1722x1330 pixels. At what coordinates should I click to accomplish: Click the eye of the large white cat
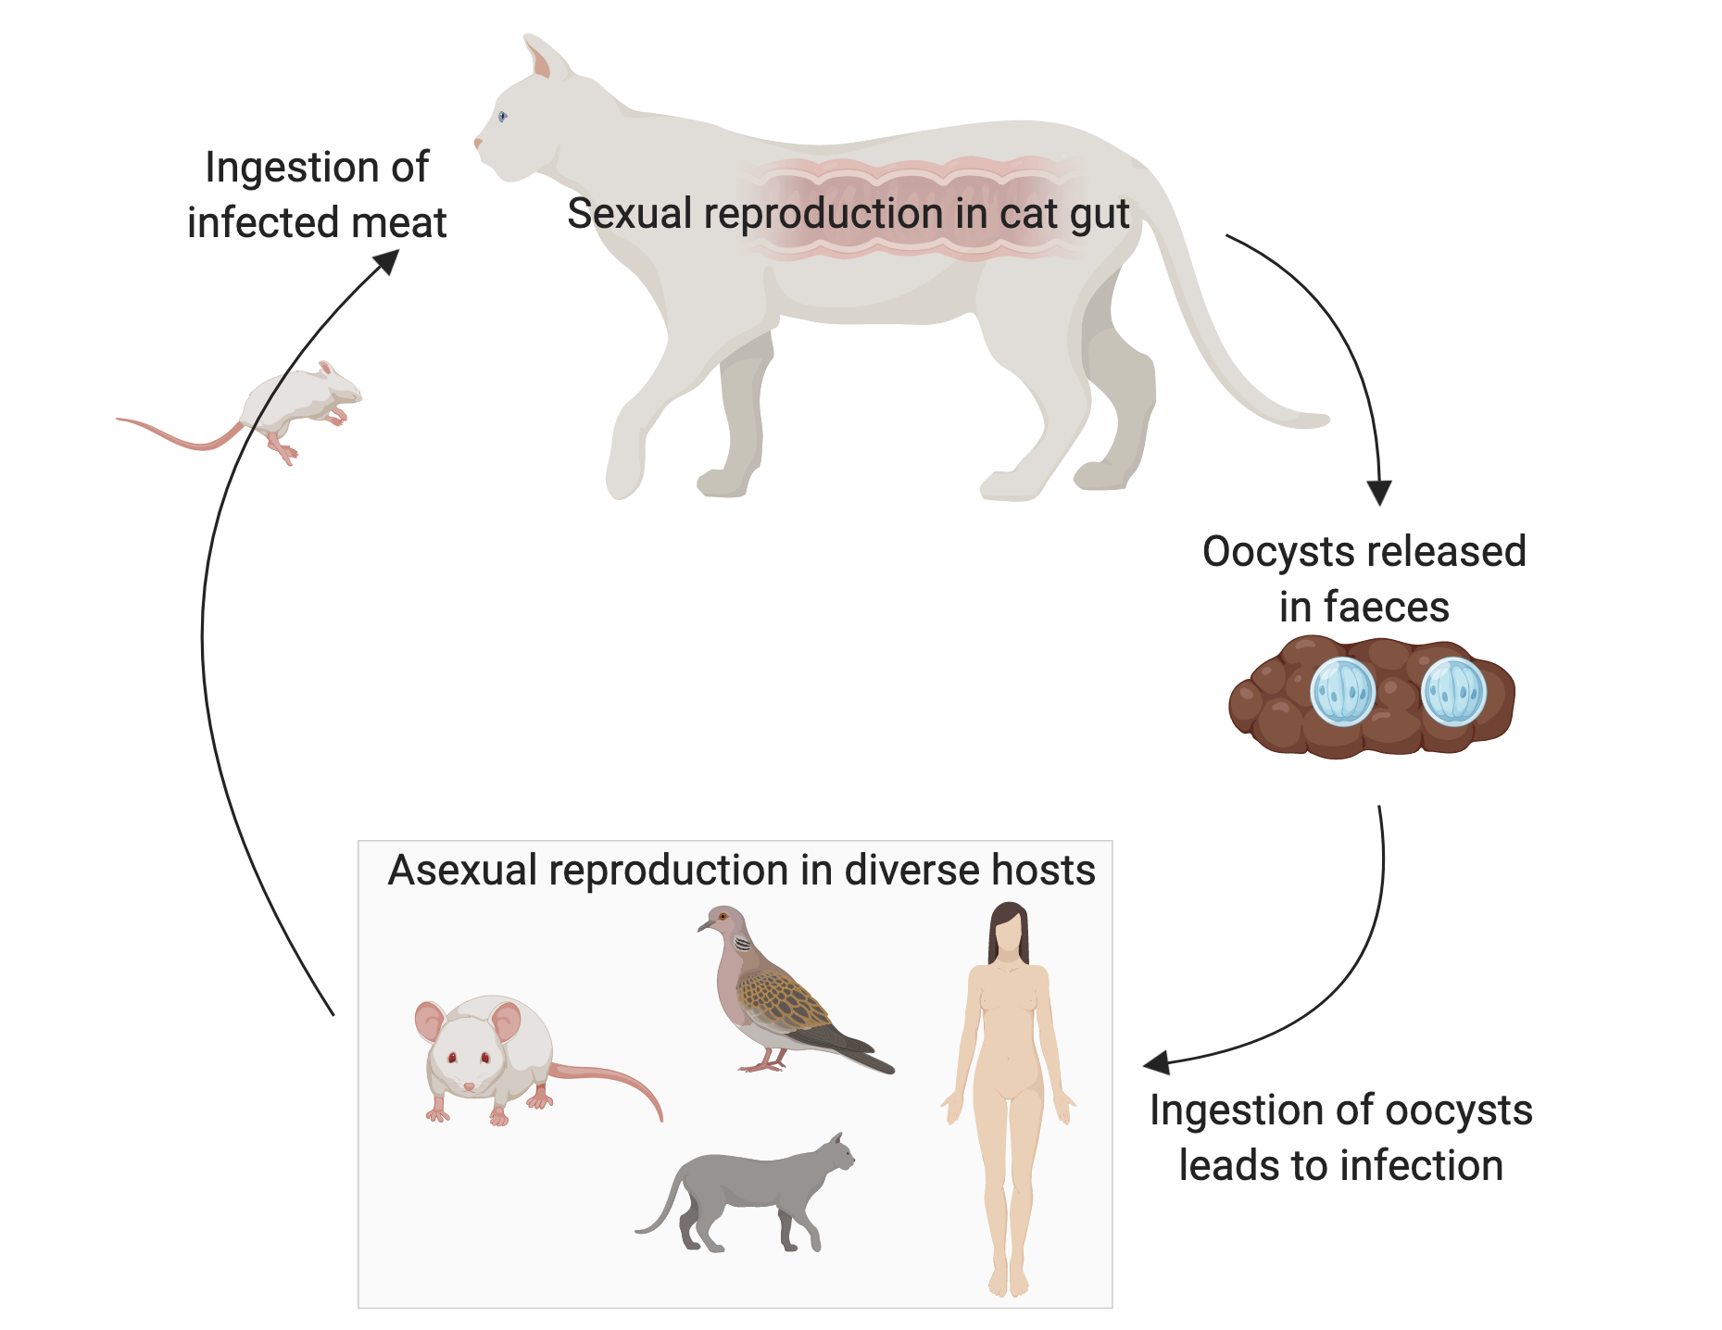pyautogui.click(x=502, y=116)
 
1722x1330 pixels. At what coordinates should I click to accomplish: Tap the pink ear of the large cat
pyautogui.click(x=538, y=59)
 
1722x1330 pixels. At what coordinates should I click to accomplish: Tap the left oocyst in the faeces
pyautogui.click(x=1342, y=692)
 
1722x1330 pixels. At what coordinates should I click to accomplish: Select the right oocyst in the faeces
pyautogui.click(x=1452, y=692)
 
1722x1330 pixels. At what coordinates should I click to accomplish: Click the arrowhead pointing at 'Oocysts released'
pyautogui.click(x=1379, y=493)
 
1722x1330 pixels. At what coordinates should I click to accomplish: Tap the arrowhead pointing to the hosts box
pyautogui.click(x=1157, y=1063)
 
